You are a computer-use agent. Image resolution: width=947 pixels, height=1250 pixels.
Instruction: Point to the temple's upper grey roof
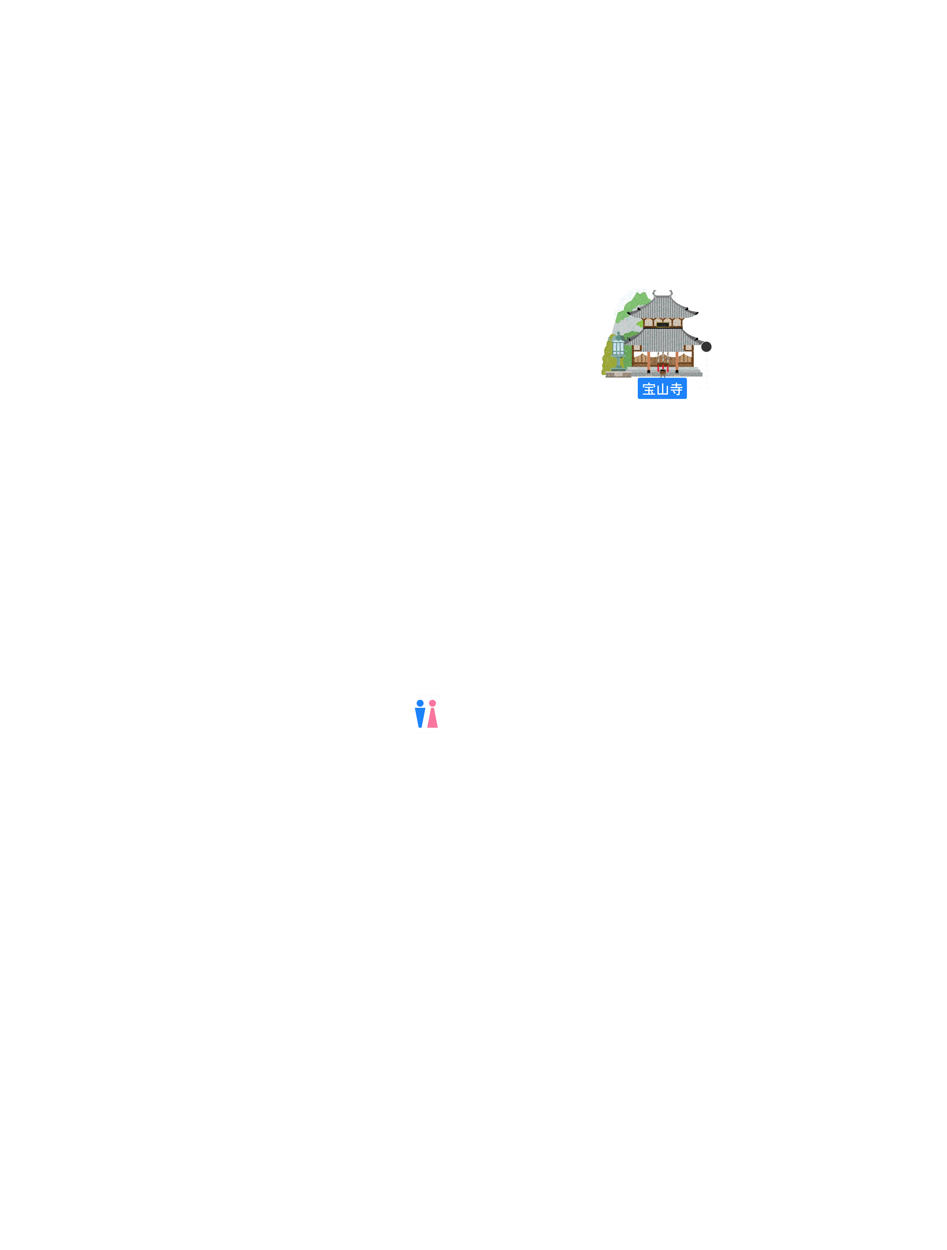[x=663, y=308]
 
